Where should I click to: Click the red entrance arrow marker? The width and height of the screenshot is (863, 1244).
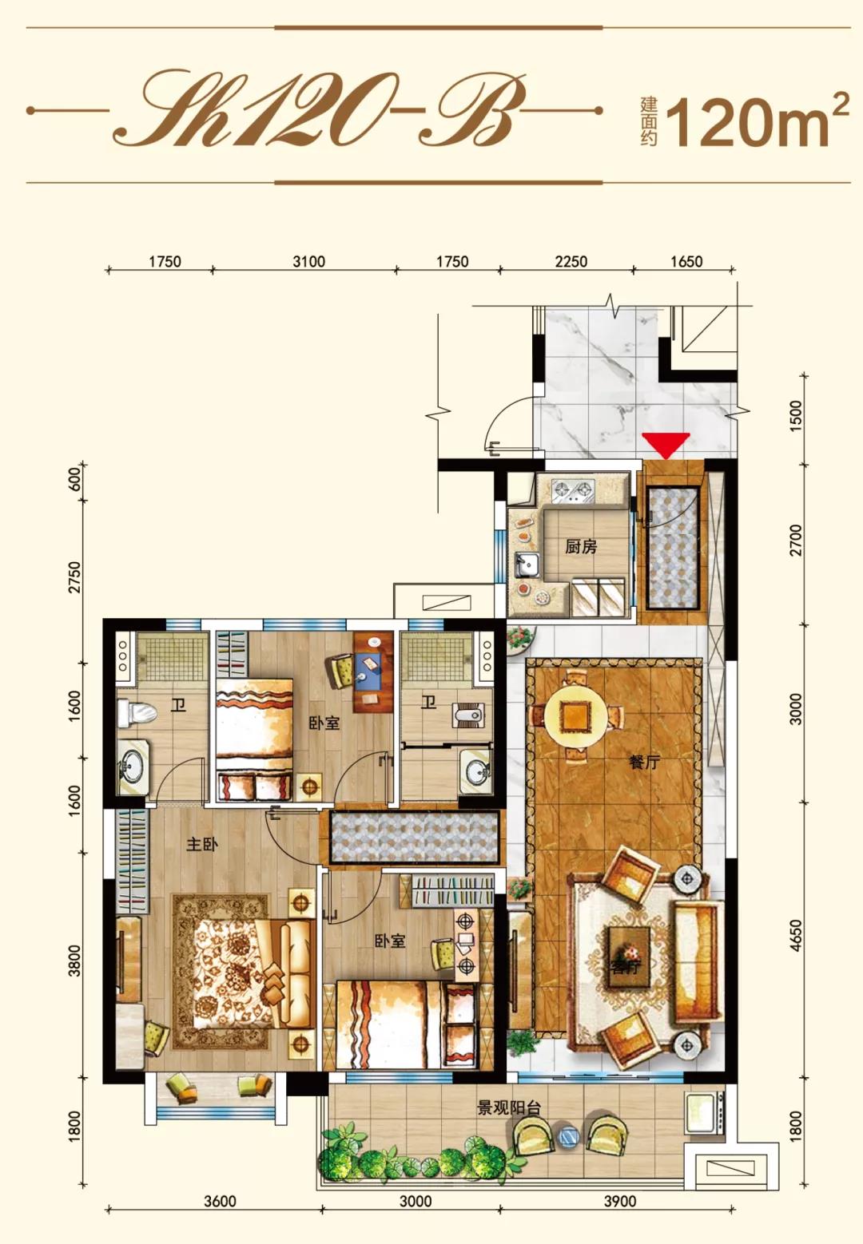click(x=666, y=445)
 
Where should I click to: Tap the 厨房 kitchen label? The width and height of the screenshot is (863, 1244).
click(x=581, y=547)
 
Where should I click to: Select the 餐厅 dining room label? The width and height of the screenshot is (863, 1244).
click(x=643, y=762)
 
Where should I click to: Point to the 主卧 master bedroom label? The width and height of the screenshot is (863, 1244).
click(x=201, y=844)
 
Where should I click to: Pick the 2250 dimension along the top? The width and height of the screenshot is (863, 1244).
click(x=571, y=261)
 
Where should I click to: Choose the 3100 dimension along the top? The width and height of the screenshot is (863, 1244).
click(x=308, y=261)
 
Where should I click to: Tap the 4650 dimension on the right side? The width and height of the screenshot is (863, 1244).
click(x=797, y=937)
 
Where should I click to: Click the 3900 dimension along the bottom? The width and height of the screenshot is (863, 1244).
click(x=619, y=1201)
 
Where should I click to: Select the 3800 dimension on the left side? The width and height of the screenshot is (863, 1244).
click(x=75, y=961)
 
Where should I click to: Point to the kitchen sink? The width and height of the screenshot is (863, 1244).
click(x=527, y=565)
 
